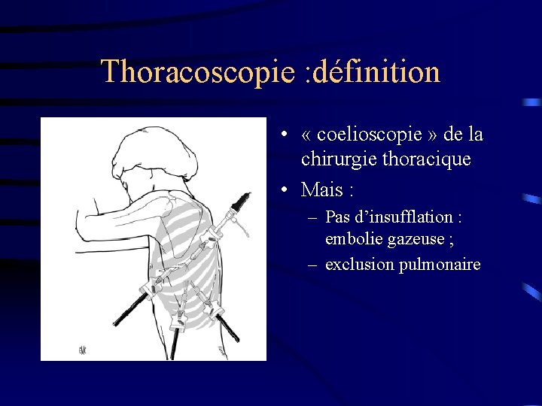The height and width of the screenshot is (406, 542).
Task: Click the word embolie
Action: pos(351,239)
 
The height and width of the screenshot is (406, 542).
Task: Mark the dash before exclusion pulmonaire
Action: pos(312,265)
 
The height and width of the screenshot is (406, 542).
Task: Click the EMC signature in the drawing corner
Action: pos(83,350)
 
